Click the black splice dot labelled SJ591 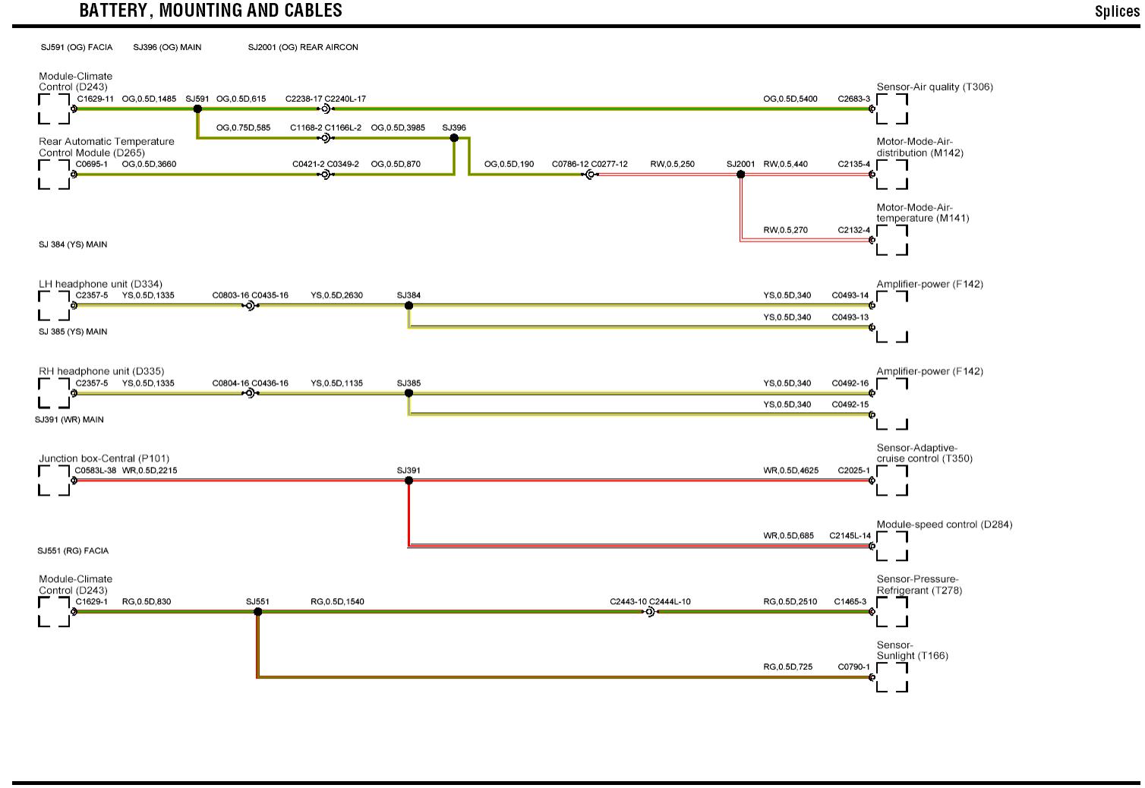tap(197, 109)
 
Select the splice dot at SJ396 tap(454, 138)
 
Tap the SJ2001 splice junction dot tap(740, 175)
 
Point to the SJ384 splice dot tap(408, 306)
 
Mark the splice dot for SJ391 tap(408, 481)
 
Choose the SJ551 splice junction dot tap(257, 612)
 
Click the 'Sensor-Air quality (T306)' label tap(934, 87)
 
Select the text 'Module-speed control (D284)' tap(944, 525)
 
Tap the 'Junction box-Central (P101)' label tap(104, 459)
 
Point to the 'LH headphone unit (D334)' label tap(100, 285)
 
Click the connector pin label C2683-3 tap(853, 99)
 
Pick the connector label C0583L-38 tap(96, 471)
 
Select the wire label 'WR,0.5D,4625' tap(790, 471)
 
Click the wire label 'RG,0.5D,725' tap(787, 667)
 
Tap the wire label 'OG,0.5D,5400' tap(790, 99)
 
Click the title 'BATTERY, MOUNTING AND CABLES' tap(210, 11)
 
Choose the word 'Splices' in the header tap(1117, 11)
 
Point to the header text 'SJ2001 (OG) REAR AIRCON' tap(303, 47)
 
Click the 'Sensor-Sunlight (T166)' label tap(912, 651)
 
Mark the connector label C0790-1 tap(853, 667)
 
